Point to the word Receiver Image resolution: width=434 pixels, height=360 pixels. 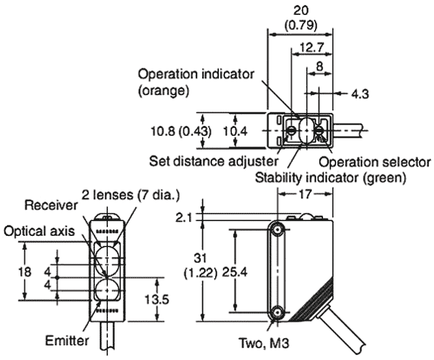pos(51,205)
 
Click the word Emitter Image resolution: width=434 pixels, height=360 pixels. pos(67,340)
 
